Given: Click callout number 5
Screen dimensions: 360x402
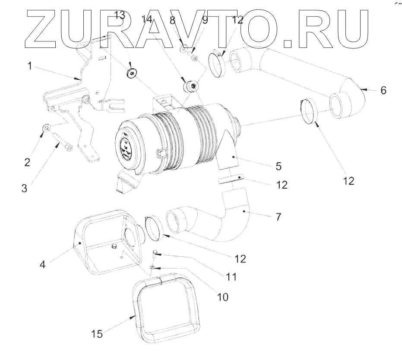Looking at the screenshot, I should [279, 166].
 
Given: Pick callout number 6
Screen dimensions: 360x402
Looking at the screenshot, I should [383, 90].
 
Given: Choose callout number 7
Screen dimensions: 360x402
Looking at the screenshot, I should [279, 216].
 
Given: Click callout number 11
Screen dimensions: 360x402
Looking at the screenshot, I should [231, 276].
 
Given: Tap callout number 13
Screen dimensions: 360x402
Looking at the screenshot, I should [119, 16].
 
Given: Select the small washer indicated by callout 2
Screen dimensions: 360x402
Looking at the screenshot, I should [47, 128].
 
